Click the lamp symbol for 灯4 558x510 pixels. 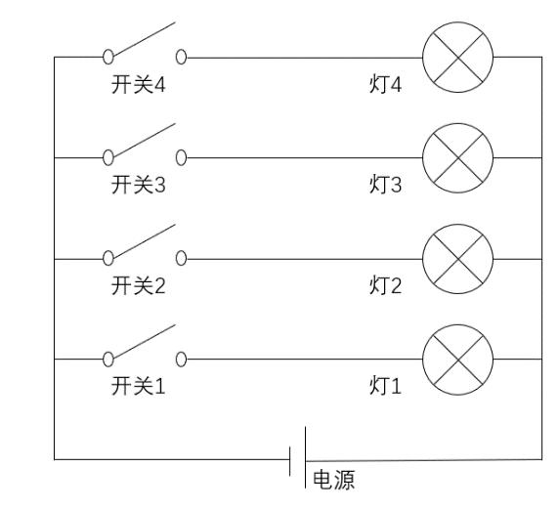tap(457, 58)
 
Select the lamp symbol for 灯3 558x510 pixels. tap(457, 158)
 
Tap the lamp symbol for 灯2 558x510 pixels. tap(457, 259)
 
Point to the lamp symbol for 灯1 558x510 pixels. tap(457, 360)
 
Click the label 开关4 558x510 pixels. tap(139, 85)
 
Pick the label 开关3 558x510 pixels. tap(139, 185)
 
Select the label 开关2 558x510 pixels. tap(139, 285)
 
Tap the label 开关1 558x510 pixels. tap(139, 386)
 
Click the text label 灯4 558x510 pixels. tap(385, 85)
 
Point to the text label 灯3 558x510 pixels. tap(385, 185)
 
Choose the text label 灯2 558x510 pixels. tap(385, 285)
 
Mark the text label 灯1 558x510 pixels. tap(385, 386)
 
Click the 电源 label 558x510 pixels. tap(334, 480)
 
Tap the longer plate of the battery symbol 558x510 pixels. tap(305, 457)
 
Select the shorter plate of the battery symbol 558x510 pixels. tap(290, 461)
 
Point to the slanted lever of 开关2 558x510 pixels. tap(144, 241)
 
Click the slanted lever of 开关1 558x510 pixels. tap(144, 341)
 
